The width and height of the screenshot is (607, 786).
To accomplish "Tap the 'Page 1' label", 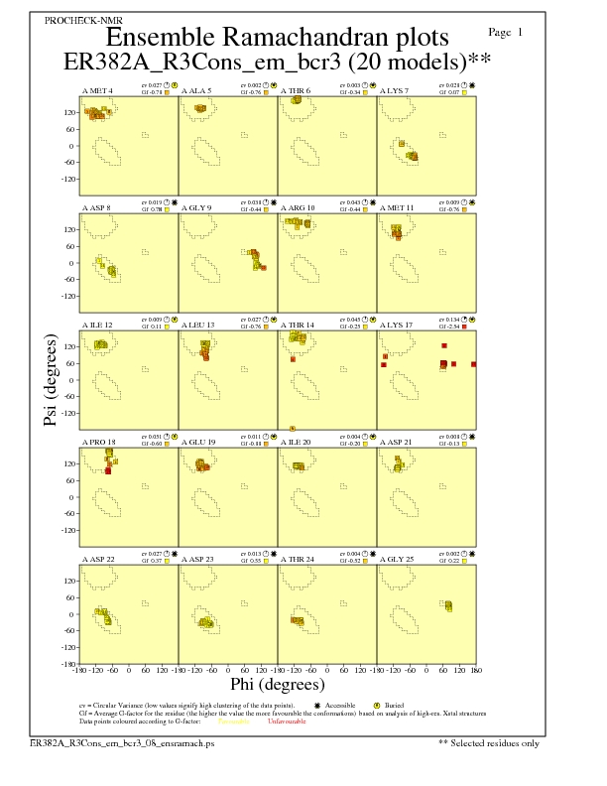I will [507, 33].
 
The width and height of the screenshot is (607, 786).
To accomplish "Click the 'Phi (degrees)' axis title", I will [277, 684].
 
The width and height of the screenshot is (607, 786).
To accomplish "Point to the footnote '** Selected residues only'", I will [489, 742].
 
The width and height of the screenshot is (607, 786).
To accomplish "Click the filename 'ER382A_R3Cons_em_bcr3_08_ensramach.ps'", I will [122, 742].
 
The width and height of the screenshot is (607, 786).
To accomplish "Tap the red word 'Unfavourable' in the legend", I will [287, 720].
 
